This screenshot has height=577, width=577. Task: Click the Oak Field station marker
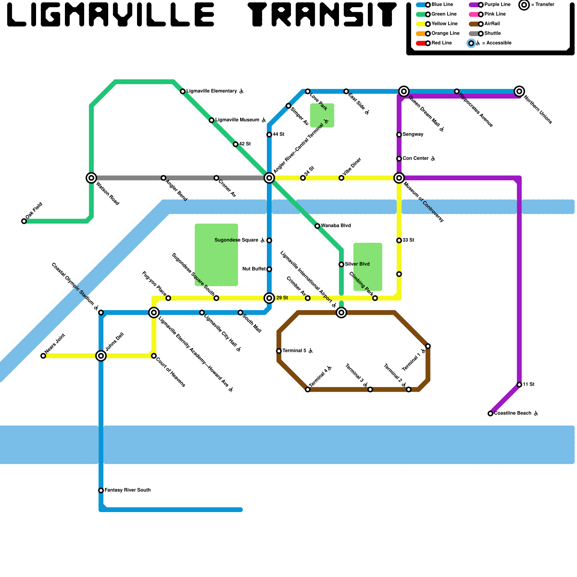(x=24, y=221)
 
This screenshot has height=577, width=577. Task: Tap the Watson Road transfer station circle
(x=92, y=178)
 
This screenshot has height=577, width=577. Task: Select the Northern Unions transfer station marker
(x=519, y=91)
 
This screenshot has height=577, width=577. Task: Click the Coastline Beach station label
(x=512, y=413)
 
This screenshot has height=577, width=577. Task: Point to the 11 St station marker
(x=519, y=385)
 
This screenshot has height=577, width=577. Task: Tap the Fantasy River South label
(x=127, y=490)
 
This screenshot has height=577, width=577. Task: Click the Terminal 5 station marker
(x=279, y=351)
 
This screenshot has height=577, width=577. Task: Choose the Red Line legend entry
(x=435, y=43)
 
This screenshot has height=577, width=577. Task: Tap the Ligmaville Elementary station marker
(x=183, y=91)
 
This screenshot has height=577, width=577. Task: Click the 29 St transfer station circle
(x=269, y=298)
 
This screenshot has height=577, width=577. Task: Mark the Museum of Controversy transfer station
(x=399, y=178)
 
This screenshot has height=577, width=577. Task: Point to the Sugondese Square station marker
(x=269, y=241)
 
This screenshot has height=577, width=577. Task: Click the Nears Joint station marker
(x=43, y=356)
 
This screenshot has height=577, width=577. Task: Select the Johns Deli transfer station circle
(x=101, y=356)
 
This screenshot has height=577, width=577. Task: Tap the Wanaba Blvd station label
(x=336, y=226)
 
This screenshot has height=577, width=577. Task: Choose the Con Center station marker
(x=399, y=159)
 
